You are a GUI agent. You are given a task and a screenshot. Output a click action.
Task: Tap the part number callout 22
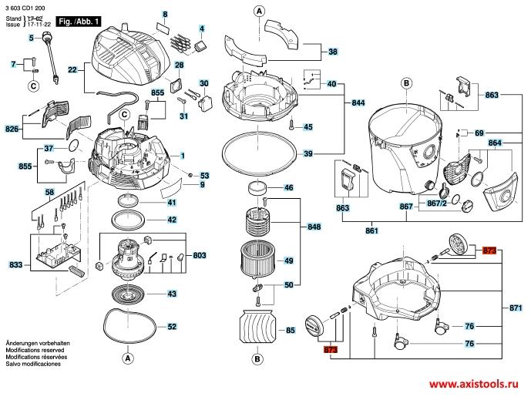coord(72,70)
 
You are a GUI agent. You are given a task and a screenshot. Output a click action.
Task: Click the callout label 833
coord(15,265)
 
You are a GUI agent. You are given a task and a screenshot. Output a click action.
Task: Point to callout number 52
coord(172,327)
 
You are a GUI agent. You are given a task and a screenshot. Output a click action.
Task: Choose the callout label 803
coord(199,255)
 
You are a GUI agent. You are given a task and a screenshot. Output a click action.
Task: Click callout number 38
coord(333,52)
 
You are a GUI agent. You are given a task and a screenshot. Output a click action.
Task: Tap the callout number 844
coord(358,103)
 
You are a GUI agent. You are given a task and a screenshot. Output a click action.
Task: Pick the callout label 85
coord(291,331)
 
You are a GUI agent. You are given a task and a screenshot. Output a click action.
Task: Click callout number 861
coord(371,230)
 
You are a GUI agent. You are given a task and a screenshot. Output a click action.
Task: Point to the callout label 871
coord(516,308)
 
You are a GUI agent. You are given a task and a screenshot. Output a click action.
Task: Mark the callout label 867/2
coord(437,203)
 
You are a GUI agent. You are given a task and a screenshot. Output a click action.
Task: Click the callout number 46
coord(289,187)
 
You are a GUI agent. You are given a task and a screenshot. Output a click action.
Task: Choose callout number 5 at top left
coord(32,37)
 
